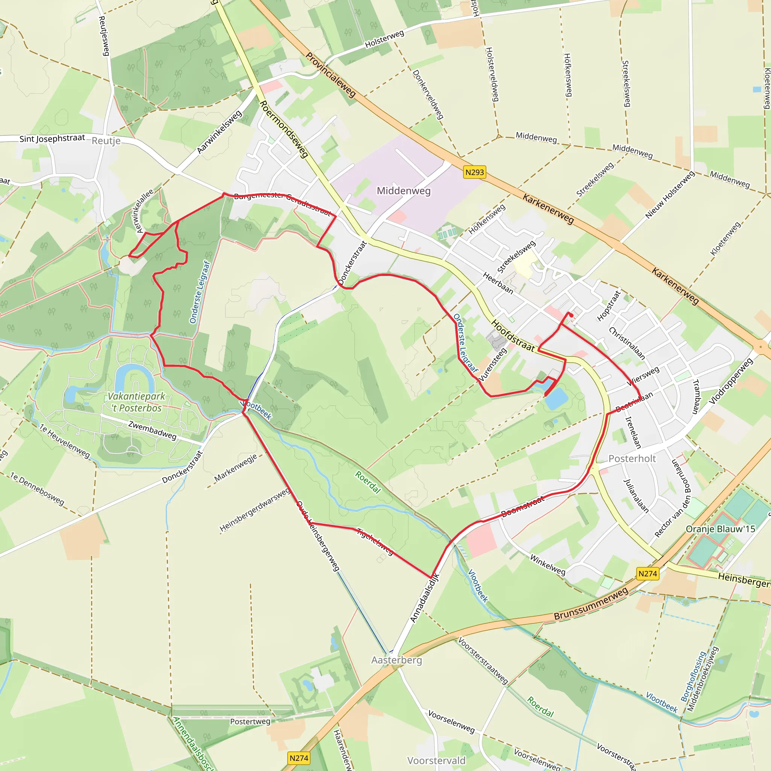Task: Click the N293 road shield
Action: coord(474,172)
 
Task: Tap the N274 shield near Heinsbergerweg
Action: coord(647,574)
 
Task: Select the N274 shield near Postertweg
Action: coord(299,758)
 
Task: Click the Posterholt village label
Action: coord(632,459)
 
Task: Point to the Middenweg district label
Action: coord(404,191)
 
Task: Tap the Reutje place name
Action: coord(106,141)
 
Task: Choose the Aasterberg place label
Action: coord(397,660)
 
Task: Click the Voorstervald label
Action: coord(436,760)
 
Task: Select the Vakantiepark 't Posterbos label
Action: coord(137,402)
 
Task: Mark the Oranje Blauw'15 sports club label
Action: coord(721,529)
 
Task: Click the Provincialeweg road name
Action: coord(331,75)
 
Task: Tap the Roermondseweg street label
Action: coord(284,129)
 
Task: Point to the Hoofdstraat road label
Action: coord(513,335)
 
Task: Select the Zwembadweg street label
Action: coord(152,430)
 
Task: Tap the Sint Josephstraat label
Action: coord(52,139)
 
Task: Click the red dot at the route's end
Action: coord(571,315)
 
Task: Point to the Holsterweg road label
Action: coord(384,40)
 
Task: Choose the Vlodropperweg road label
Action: coord(731,381)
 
